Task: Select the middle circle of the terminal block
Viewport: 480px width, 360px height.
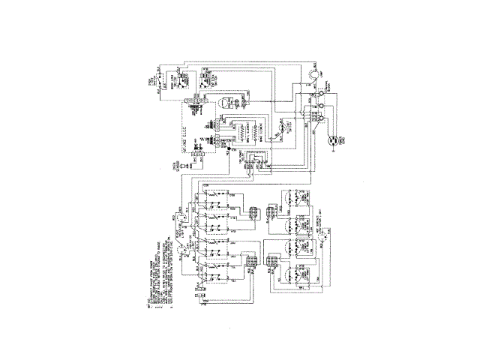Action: [x=319, y=107]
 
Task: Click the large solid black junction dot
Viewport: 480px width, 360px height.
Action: [x=228, y=150]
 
